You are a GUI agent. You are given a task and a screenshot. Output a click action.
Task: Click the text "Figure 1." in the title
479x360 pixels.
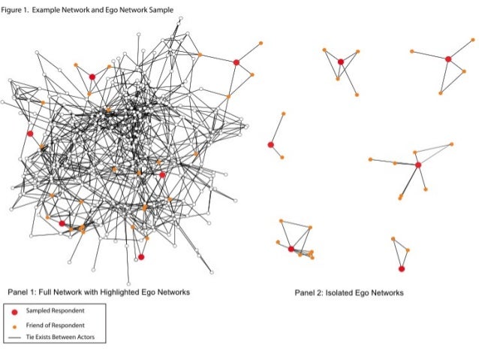[17, 8]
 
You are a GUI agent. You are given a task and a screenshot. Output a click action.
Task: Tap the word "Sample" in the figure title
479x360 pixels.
[160, 8]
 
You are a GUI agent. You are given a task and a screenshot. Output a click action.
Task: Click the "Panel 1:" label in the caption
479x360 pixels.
[24, 291]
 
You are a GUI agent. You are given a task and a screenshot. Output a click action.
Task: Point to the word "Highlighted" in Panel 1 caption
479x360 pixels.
[129, 291]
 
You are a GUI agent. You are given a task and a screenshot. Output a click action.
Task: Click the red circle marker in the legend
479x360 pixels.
[14, 310]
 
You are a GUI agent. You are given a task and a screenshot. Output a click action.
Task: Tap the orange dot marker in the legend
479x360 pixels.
[14, 325]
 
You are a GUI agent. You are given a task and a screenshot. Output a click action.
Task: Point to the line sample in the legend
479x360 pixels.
[14, 337]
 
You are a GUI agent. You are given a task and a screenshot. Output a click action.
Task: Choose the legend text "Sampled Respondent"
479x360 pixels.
[55, 310]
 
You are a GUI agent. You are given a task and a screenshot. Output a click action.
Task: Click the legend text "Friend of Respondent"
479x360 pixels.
[56, 325]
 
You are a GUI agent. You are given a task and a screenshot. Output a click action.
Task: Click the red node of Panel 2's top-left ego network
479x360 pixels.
[340, 62]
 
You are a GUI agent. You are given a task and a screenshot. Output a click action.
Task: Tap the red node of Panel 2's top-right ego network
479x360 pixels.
[448, 59]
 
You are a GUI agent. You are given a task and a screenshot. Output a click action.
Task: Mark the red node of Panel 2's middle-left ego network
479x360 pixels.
[270, 144]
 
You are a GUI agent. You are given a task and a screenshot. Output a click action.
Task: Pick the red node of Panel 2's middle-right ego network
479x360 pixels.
[418, 165]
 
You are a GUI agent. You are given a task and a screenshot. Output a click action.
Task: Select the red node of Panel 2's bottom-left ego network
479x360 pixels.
[291, 249]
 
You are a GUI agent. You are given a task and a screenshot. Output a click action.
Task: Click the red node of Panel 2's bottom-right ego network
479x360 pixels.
[402, 268]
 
